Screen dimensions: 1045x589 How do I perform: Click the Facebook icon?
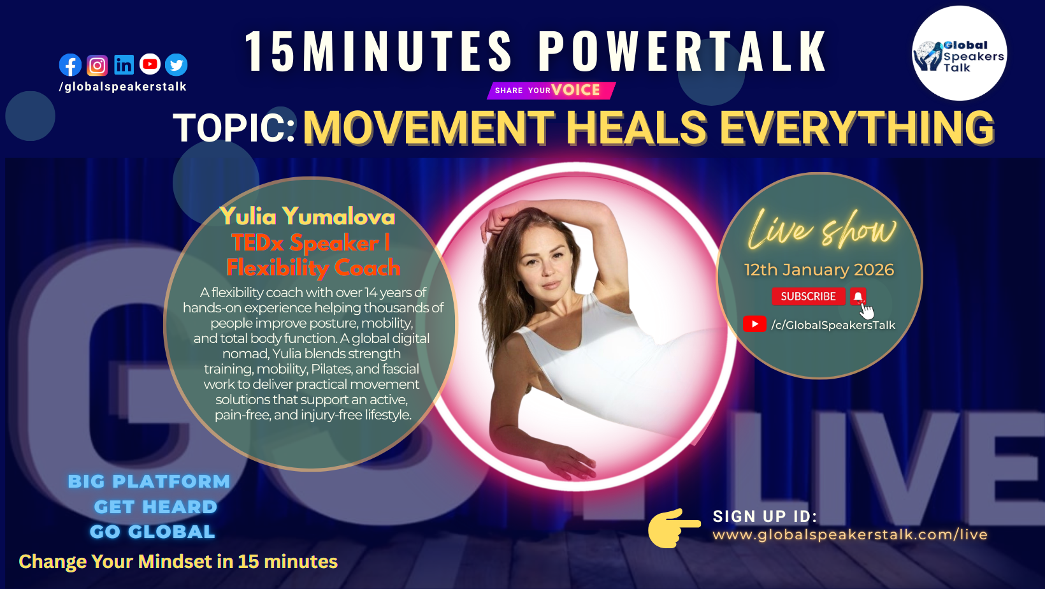pos(70,65)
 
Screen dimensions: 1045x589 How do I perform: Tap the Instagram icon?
pos(97,66)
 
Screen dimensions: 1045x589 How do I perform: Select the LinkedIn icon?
pos(124,65)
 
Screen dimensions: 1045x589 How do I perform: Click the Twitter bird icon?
pos(177,65)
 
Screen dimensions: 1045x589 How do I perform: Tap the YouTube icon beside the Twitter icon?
pos(150,64)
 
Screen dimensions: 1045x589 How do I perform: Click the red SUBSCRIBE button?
pos(808,296)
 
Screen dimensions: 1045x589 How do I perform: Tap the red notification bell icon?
pos(858,296)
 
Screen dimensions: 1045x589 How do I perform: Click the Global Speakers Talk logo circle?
pos(959,53)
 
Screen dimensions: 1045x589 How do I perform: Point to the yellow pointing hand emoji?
pos(674,528)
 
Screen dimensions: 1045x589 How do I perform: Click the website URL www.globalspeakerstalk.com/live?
pos(850,534)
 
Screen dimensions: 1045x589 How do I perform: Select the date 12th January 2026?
pos(819,270)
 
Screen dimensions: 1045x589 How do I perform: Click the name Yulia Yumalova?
pos(307,216)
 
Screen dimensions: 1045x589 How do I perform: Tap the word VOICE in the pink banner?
pos(575,90)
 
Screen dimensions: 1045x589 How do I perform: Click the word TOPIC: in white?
pos(234,127)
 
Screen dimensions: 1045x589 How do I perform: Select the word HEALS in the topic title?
pos(637,127)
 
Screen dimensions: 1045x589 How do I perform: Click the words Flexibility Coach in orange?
pos(313,268)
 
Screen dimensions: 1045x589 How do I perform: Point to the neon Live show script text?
pos(822,229)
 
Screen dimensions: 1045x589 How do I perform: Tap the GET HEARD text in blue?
pos(156,507)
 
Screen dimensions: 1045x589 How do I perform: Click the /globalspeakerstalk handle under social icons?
pos(123,87)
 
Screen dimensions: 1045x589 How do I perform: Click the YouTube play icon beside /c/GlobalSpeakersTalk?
pos(754,324)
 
